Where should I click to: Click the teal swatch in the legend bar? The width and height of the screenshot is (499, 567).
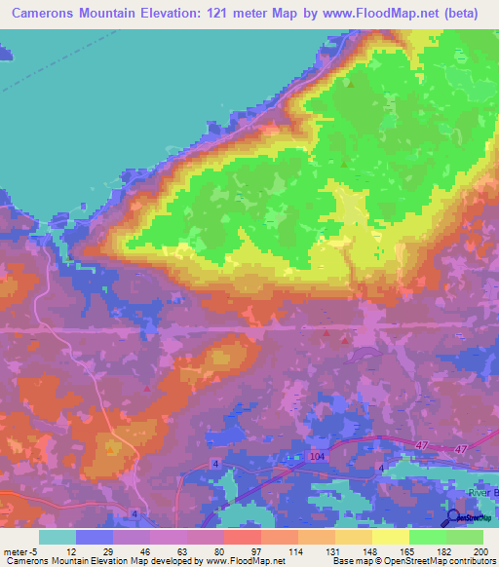click(58, 536)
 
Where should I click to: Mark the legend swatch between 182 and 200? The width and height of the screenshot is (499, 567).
click(465, 536)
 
